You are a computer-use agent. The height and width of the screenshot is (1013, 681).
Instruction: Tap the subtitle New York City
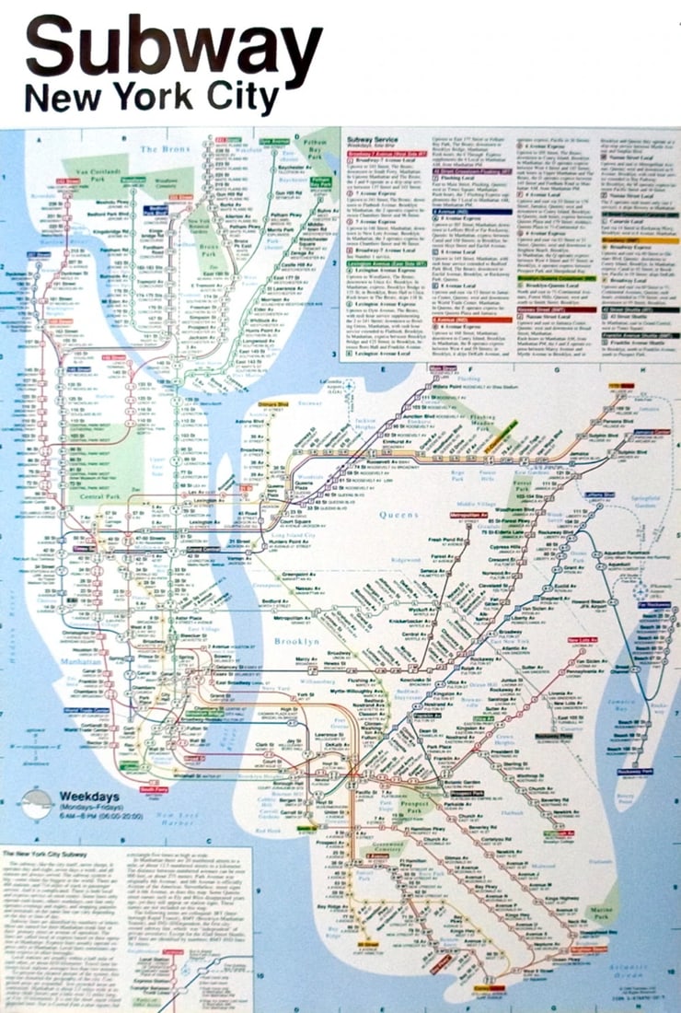tap(152, 98)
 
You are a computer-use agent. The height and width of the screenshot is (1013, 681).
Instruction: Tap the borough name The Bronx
tap(163, 147)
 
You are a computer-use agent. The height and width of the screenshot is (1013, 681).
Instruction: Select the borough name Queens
tap(398, 515)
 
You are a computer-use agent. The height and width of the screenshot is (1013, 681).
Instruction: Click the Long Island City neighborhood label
tap(272, 533)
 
